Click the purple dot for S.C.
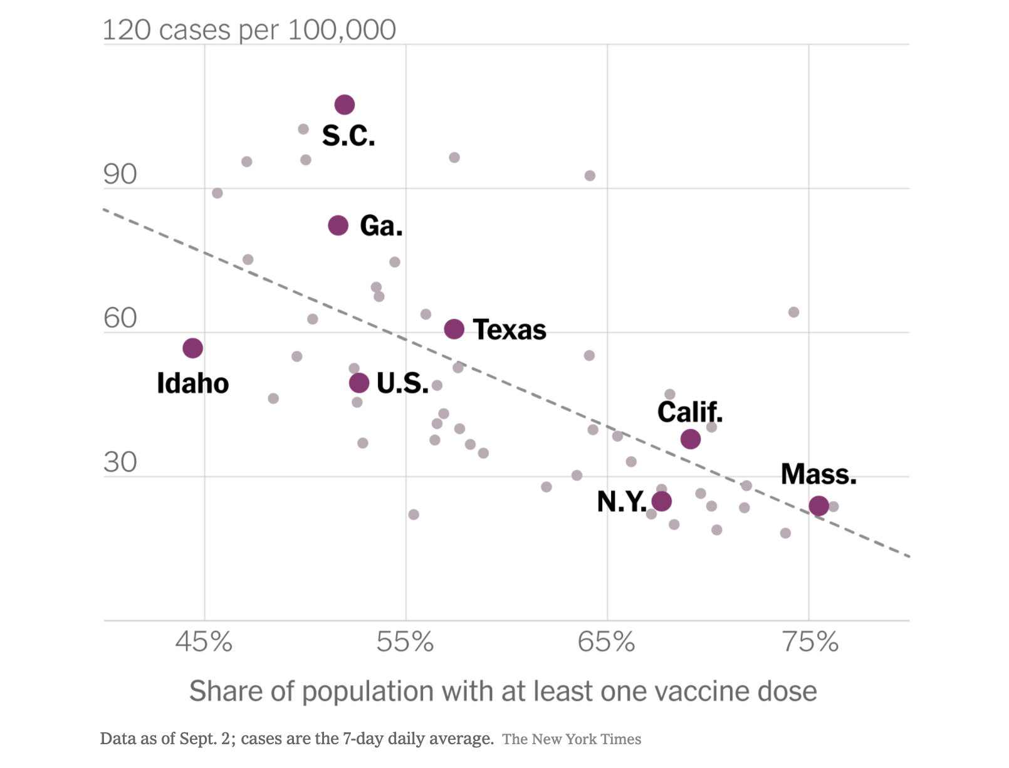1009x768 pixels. click(345, 105)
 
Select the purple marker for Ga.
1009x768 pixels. click(338, 226)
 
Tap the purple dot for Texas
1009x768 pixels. click(454, 329)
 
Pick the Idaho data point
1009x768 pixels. click(193, 348)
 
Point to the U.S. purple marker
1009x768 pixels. click(359, 383)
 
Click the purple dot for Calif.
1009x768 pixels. click(691, 439)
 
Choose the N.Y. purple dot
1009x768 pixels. click(662, 501)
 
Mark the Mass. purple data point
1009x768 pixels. click(819, 506)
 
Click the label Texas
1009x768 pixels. click(510, 330)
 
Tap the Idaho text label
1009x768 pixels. click(193, 383)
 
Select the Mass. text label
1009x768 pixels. click(818, 474)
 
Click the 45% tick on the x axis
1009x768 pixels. click(204, 642)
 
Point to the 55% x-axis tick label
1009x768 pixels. click(405, 642)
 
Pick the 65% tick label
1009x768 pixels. click(606, 642)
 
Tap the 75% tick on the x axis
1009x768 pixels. click(810, 642)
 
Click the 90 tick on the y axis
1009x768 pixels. click(120, 174)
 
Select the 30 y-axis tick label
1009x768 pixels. click(120, 462)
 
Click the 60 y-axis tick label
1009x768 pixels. click(120, 318)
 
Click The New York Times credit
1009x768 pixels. click(572, 739)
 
